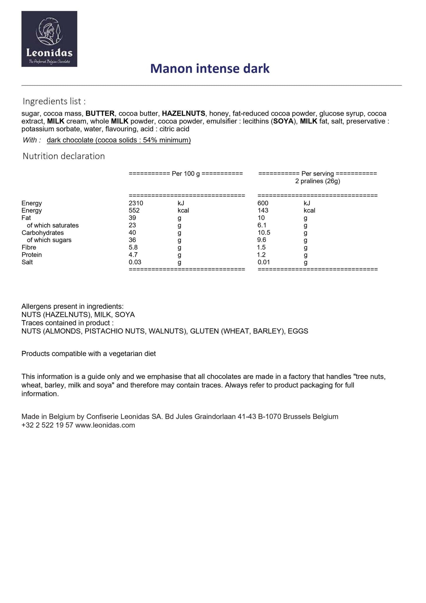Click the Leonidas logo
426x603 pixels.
click(x=49, y=39)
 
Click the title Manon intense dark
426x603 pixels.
click(x=210, y=68)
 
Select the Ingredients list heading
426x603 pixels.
click(x=54, y=101)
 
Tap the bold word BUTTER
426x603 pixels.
click(x=100, y=114)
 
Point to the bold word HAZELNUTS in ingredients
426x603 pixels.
click(x=183, y=114)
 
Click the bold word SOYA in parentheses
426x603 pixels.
click(x=283, y=121)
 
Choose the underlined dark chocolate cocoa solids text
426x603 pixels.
click(x=119, y=140)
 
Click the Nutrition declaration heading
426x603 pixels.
click(x=64, y=156)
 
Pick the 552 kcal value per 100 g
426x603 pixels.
click(x=134, y=210)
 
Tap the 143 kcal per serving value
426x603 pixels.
click(x=263, y=210)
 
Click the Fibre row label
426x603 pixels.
click(x=29, y=247)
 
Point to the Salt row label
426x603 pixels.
click(x=27, y=262)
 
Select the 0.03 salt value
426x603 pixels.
click(x=135, y=262)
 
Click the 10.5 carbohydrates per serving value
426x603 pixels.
click(x=264, y=232)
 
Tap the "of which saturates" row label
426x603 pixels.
click(x=53, y=225)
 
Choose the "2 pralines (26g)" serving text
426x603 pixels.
click(x=318, y=181)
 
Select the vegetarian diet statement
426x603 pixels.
click(x=88, y=353)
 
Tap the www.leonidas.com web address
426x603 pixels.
click(x=105, y=425)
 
